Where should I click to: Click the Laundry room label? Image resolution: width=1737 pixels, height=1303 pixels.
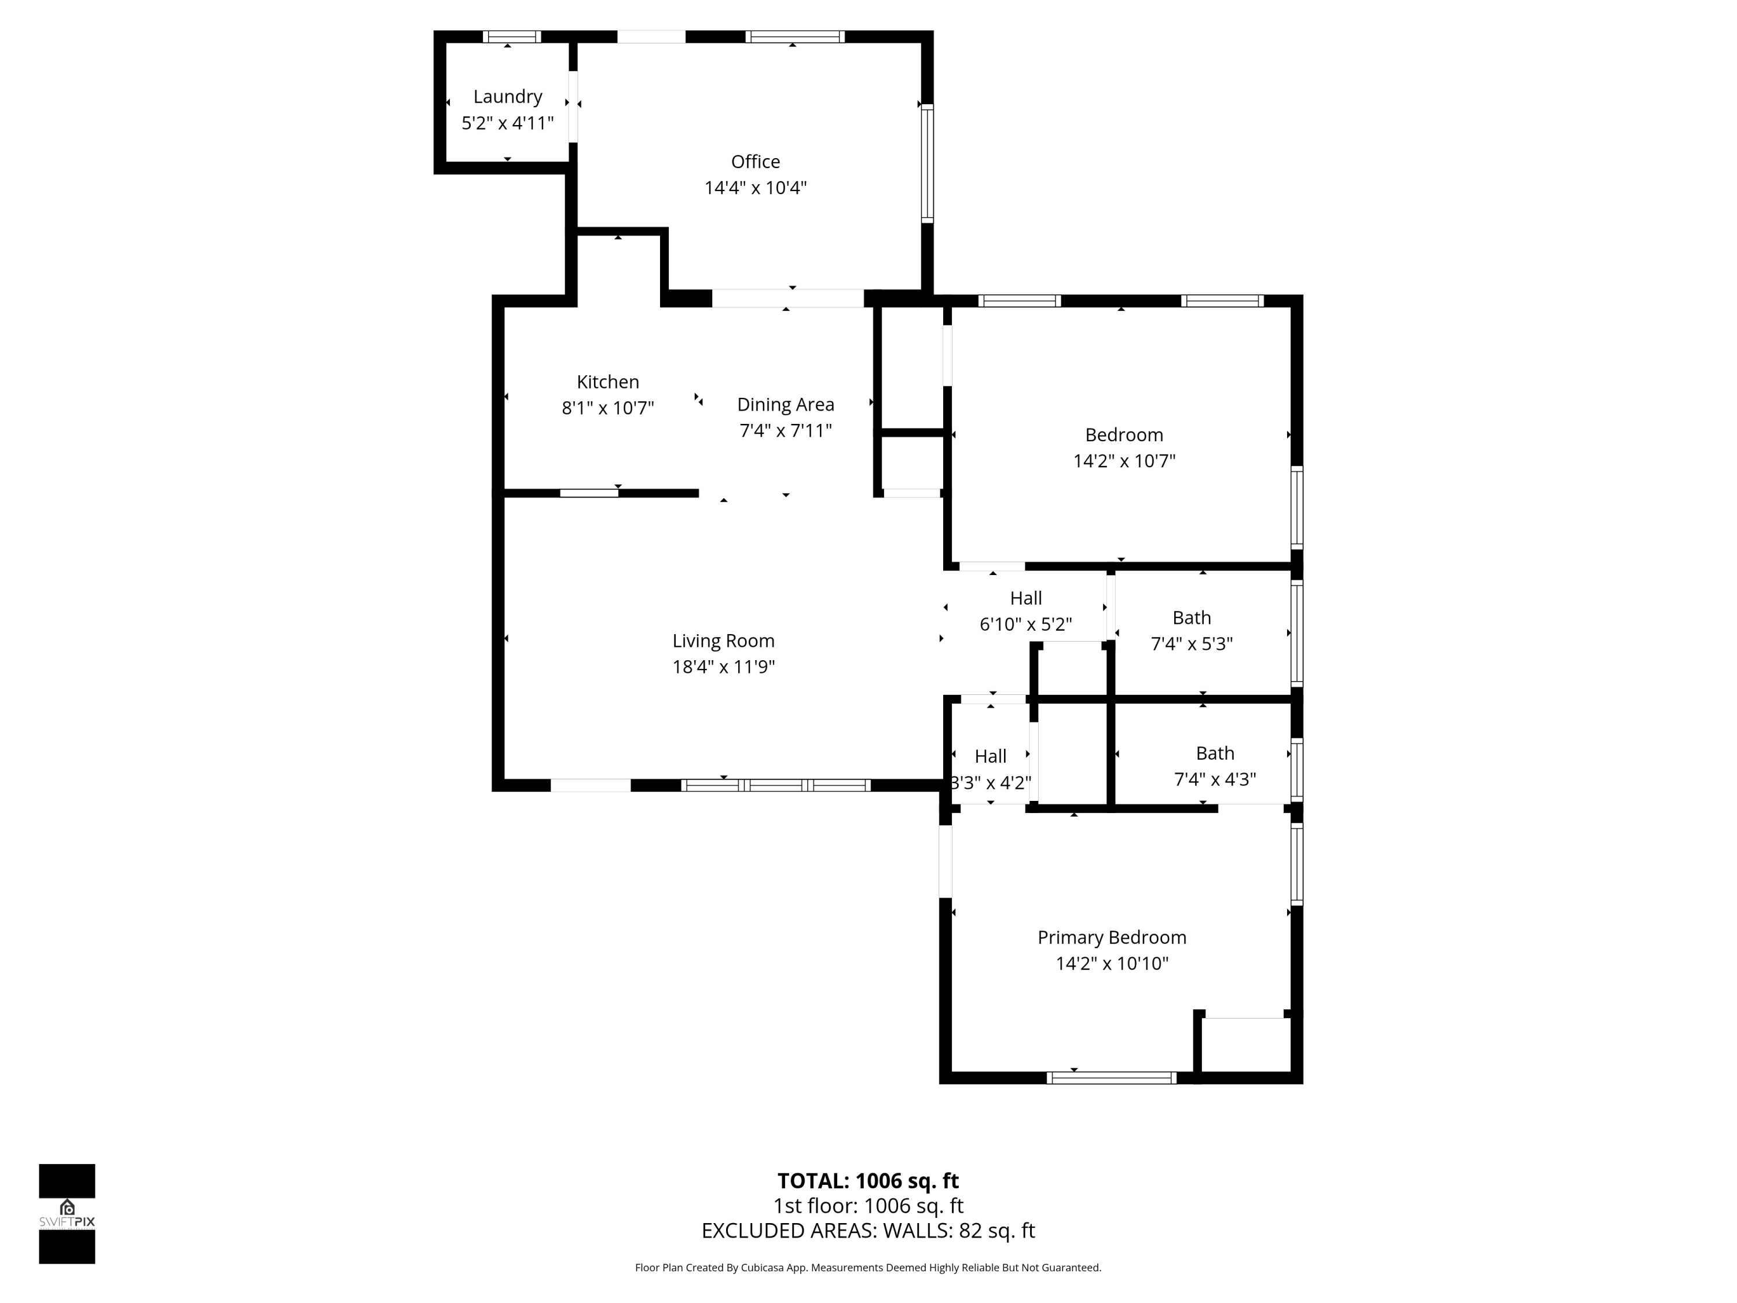coord(507,97)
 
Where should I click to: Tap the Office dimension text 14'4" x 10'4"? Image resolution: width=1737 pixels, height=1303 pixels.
coord(756,188)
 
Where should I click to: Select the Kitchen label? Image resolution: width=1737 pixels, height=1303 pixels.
coord(608,382)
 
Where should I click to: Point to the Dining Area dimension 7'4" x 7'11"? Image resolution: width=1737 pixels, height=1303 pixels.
coord(785,430)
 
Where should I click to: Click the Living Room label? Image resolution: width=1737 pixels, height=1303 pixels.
coord(723,641)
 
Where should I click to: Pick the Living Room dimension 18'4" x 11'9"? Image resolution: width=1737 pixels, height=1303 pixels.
coord(723,667)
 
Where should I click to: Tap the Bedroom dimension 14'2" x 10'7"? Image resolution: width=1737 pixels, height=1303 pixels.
coord(1124,461)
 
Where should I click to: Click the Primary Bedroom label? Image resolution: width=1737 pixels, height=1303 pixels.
coord(1111,937)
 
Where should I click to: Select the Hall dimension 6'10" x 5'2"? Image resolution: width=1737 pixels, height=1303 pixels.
coord(1025,624)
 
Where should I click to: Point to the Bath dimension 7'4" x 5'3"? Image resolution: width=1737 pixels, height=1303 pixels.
coord(1191,644)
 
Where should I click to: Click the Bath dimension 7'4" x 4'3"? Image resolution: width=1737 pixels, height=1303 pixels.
coord(1215,779)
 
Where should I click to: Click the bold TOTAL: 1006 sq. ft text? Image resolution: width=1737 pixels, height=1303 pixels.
coord(868,1180)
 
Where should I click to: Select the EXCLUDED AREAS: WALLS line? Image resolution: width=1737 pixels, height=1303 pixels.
coord(868,1231)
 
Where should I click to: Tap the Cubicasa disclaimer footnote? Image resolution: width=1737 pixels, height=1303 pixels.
coord(868,1268)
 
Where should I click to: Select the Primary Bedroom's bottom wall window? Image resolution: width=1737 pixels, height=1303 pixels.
coord(1111,1078)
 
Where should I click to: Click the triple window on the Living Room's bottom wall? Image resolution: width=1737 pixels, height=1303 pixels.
coord(776,785)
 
